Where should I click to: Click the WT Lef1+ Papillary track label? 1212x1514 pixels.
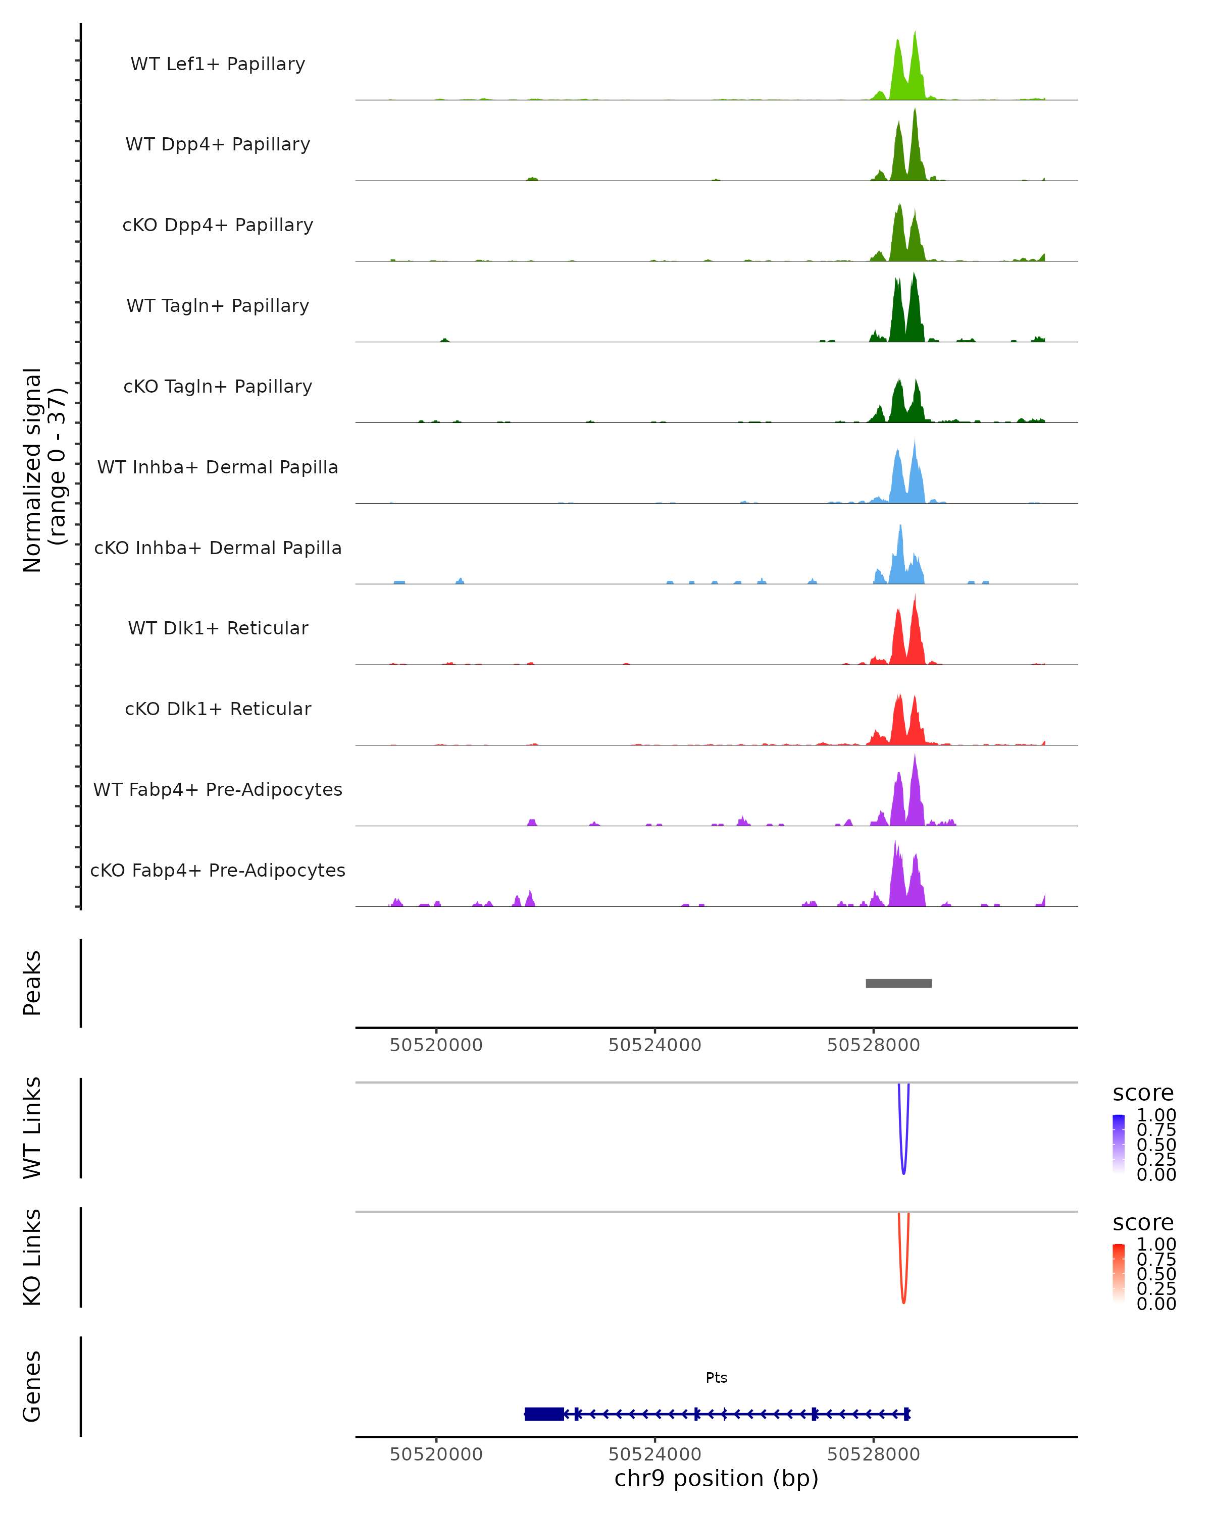218,64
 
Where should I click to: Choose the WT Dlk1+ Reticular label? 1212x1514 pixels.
218,628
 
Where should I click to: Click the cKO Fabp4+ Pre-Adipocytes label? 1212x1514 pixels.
218,870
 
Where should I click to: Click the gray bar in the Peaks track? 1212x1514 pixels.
898,983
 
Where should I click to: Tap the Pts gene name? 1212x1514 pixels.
716,1378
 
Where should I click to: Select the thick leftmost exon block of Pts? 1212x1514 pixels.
544,1414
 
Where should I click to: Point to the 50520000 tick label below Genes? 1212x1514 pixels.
436,1454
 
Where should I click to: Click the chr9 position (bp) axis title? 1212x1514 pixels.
716,1479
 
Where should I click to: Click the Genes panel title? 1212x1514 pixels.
32,1387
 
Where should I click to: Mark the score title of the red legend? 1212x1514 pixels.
1142,1223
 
